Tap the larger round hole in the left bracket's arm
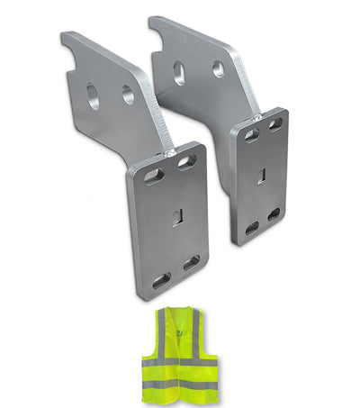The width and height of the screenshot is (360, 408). tap(93, 96)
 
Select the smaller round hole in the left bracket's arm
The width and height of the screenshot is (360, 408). tap(128, 95)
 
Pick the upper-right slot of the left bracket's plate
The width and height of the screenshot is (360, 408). tap(186, 161)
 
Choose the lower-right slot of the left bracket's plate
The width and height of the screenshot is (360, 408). tap(192, 262)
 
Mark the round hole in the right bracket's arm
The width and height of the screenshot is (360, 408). tap(218, 68)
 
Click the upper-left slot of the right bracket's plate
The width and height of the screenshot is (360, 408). tap(252, 135)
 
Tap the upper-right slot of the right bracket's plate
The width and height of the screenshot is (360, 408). tap(274, 123)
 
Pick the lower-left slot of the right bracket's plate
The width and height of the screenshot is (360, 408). tap(253, 229)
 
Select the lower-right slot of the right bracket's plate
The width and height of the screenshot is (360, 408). tap(274, 214)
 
